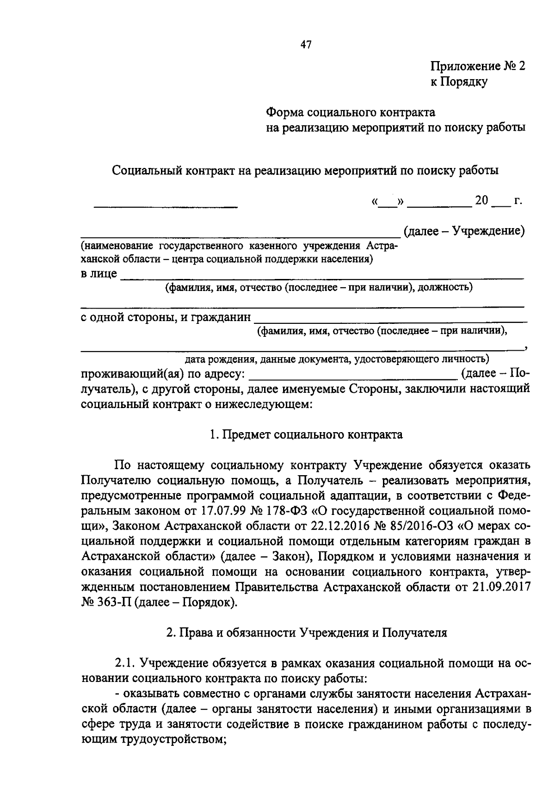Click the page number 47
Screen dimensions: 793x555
pos(306,44)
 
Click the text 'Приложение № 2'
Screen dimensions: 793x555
pos(478,66)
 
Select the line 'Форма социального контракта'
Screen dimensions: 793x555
pos(351,112)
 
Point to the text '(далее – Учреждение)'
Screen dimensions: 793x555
pos(464,230)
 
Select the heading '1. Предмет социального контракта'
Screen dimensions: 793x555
pos(306,434)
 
